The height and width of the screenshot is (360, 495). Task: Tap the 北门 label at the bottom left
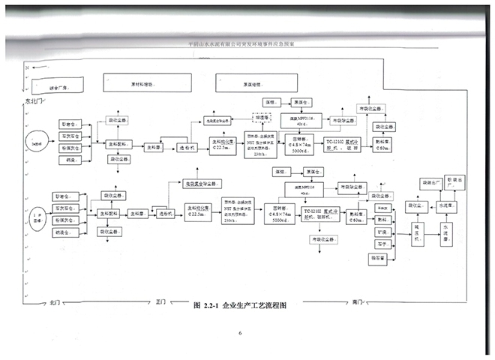click(54, 303)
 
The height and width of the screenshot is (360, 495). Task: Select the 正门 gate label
click(160, 303)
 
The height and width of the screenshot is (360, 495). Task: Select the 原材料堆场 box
click(139, 85)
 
